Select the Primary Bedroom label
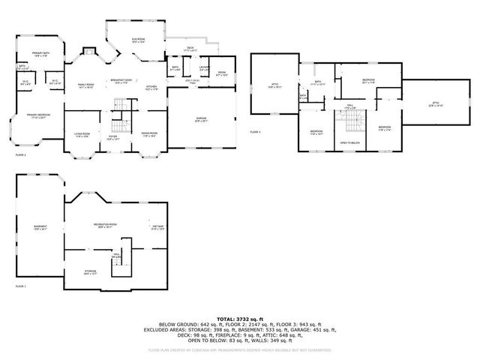pos(37,115)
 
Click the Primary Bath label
pos(40,54)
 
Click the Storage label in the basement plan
pos(90,272)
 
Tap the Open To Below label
pos(350,142)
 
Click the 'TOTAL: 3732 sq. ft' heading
pos(240,318)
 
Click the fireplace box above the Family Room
pos(89,52)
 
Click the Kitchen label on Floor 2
pos(151,87)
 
